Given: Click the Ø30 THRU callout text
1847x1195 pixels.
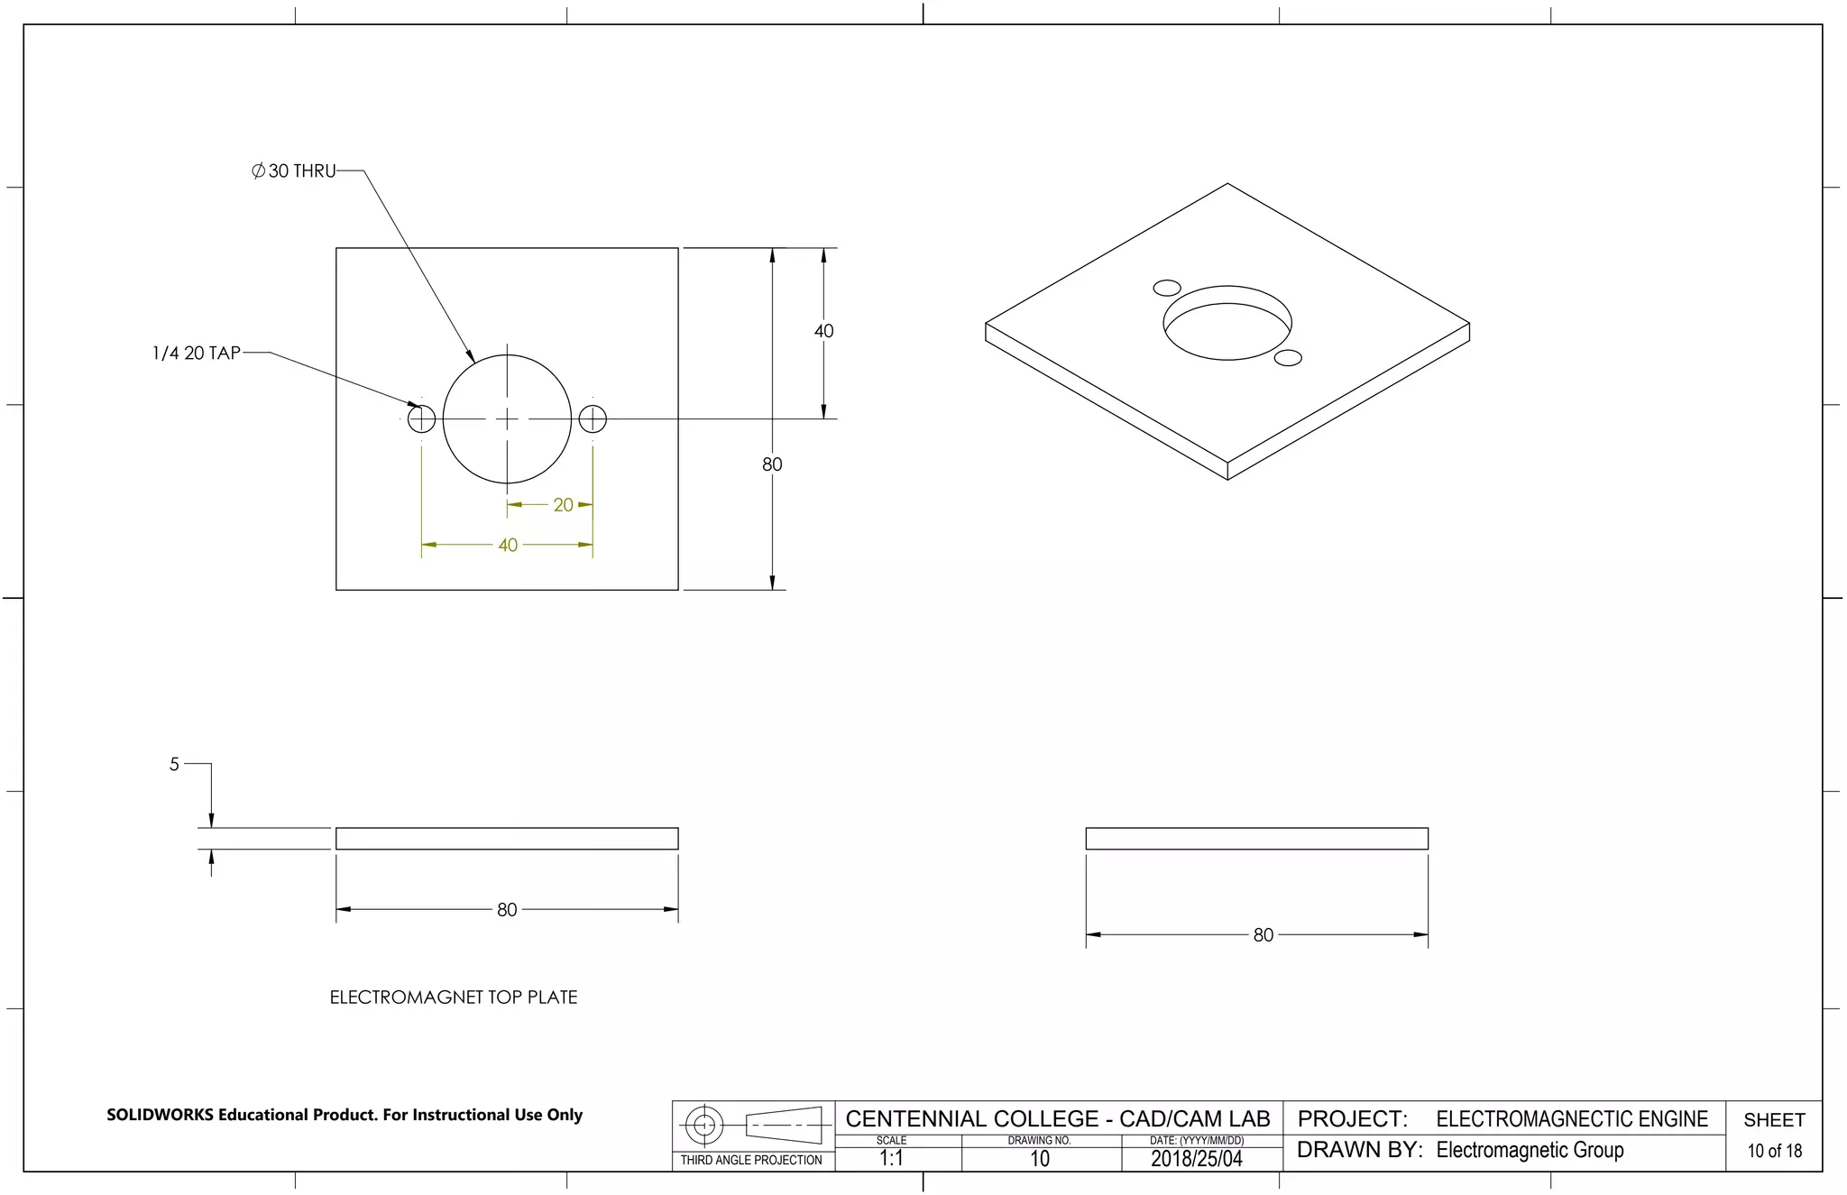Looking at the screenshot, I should (294, 171).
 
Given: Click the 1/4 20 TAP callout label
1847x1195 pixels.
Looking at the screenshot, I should (197, 354).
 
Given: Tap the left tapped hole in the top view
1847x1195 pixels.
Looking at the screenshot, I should (421, 419).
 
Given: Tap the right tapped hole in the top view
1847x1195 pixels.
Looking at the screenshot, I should (593, 419).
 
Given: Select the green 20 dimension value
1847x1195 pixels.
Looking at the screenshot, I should (563, 505).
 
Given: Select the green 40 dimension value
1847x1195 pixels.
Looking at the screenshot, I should (508, 546).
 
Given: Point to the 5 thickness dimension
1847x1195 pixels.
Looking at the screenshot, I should (174, 765).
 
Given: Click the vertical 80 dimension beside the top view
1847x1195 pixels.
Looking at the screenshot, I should (772, 464).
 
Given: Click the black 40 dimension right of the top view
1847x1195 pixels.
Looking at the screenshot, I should (823, 331).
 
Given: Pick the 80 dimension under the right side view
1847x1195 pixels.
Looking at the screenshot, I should (1263, 935).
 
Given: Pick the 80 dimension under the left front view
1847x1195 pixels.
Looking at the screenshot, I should (507, 910).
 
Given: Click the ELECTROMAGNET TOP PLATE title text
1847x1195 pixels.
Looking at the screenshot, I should (453, 997).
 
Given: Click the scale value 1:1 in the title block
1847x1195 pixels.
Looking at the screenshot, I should (891, 1159).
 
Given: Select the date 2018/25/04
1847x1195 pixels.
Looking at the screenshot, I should (1196, 1159).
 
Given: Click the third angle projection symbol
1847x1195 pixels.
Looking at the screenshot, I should (753, 1126).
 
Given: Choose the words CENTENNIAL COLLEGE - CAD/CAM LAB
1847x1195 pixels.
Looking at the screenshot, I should (1057, 1119).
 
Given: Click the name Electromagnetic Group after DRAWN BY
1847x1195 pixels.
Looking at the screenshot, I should (1530, 1151).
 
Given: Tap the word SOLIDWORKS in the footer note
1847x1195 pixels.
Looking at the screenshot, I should (161, 1116).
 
